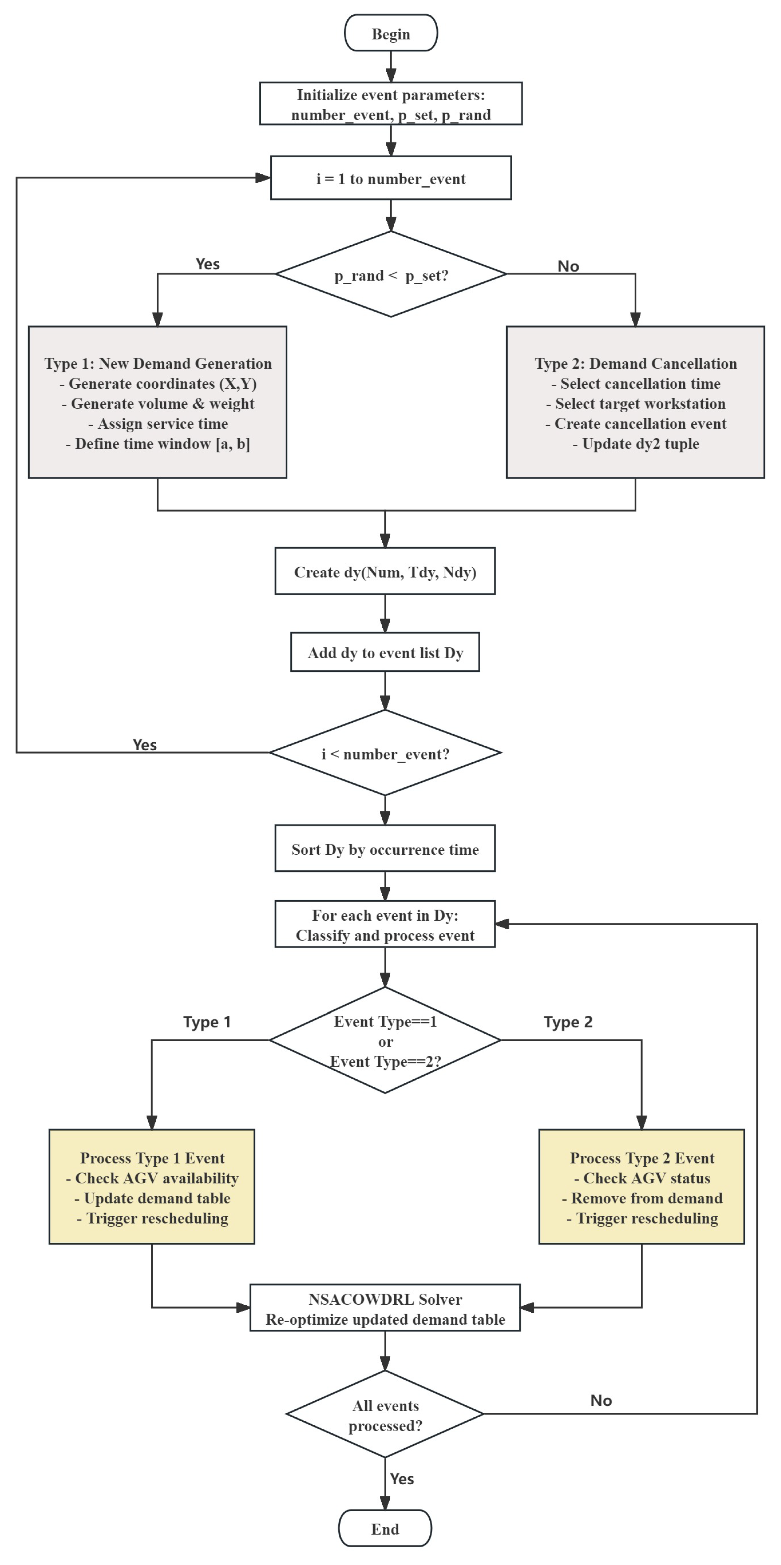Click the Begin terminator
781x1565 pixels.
pos(390,33)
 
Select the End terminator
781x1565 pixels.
pos(385,1528)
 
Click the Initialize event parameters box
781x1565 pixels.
pos(390,104)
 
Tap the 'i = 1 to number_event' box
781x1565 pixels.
pos(390,178)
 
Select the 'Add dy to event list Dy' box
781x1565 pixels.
pos(385,652)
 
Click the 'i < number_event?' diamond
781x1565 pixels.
pos(385,753)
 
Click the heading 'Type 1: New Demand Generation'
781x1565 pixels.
pos(158,363)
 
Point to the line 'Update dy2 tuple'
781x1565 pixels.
pos(636,444)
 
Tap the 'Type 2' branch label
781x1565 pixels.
pos(568,1022)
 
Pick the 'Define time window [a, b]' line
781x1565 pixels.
pos(158,444)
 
